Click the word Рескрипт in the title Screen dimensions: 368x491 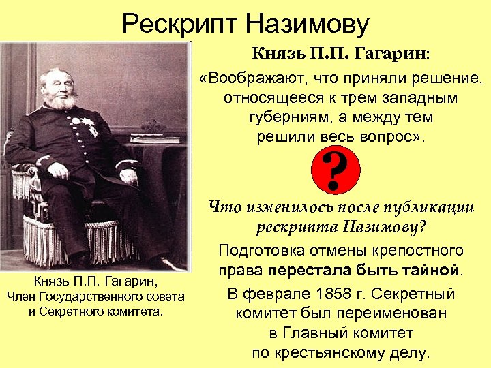[179, 26]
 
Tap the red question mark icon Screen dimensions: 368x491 [334, 170]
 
